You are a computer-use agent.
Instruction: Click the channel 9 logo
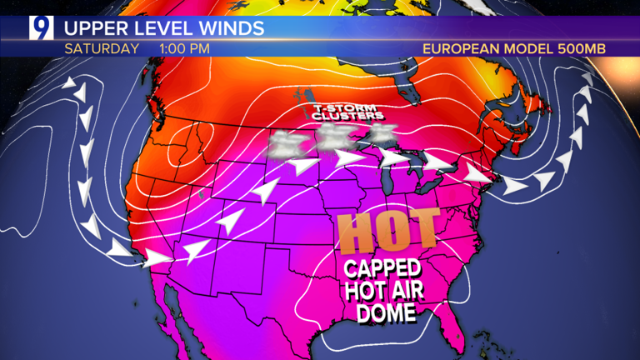[40, 28]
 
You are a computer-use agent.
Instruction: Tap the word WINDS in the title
[230, 28]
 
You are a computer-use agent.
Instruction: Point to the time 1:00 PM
[184, 48]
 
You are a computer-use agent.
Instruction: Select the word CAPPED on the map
[382, 270]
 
